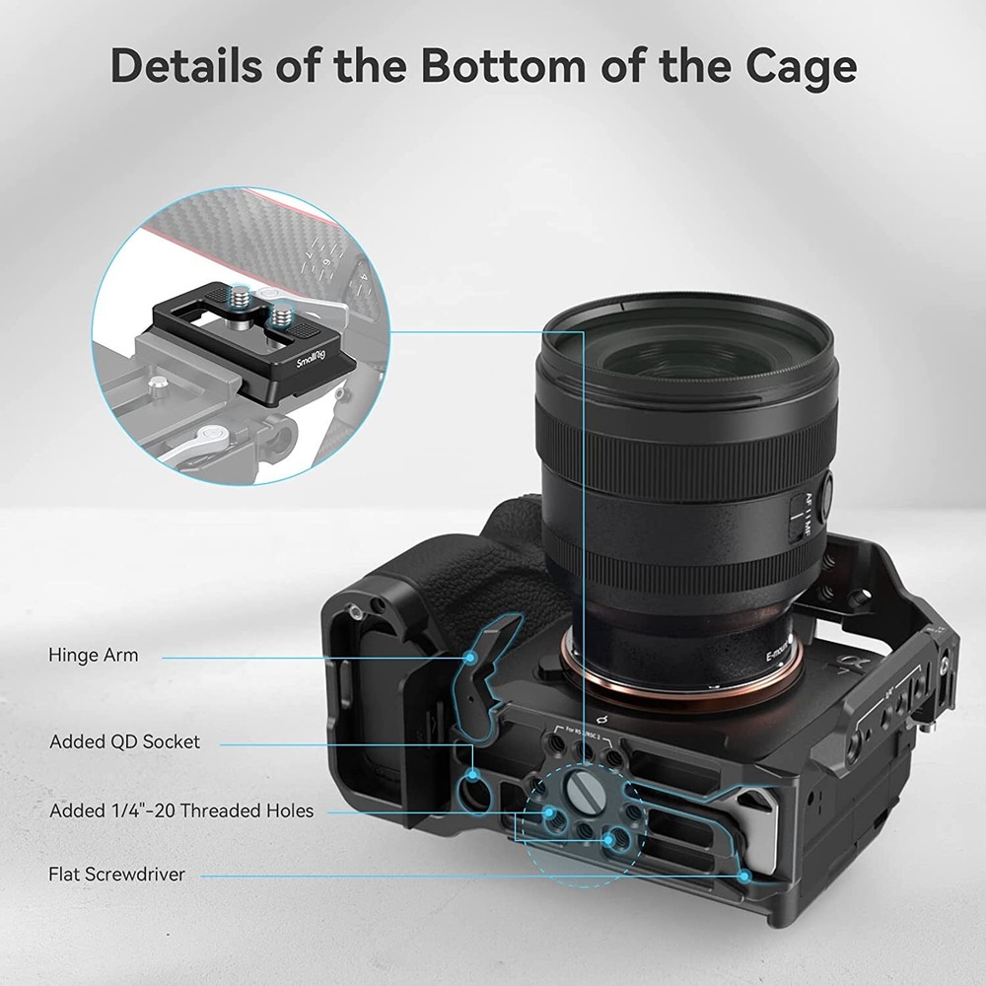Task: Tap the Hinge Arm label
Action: (x=94, y=655)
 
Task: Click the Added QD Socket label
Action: (x=124, y=741)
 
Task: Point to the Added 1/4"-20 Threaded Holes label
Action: (x=181, y=811)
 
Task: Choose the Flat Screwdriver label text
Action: (x=116, y=874)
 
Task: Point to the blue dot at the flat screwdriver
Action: (x=744, y=875)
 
